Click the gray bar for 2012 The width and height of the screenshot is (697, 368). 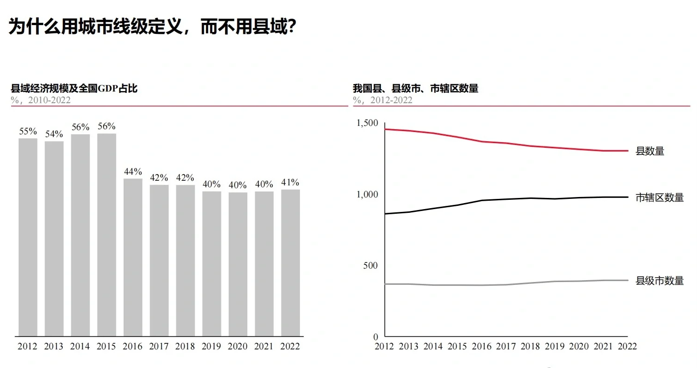coord(28,237)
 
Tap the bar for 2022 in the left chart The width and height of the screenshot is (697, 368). coord(290,263)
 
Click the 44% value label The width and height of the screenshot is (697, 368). coord(133,171)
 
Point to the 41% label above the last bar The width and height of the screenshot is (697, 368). coord(290,182)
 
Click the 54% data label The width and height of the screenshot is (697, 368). coord(54,134)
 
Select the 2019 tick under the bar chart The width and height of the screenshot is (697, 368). coord(212,347)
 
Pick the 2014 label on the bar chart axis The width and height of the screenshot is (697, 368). coord(80,347)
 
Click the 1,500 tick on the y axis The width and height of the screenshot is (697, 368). coord(367,123)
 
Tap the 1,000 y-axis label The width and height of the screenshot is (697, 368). coord(367,194)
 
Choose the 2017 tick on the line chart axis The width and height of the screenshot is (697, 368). coord(506,347)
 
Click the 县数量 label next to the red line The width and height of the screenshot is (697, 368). coord(650,151)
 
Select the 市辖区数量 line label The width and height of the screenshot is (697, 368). coord(659,197)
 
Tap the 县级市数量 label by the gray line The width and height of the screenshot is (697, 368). coord(659,281)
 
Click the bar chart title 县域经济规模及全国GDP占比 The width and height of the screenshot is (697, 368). coord(74,88)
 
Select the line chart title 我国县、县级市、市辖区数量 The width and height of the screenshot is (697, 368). coord(415,88)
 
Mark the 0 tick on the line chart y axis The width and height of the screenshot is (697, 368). coord(376,336)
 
